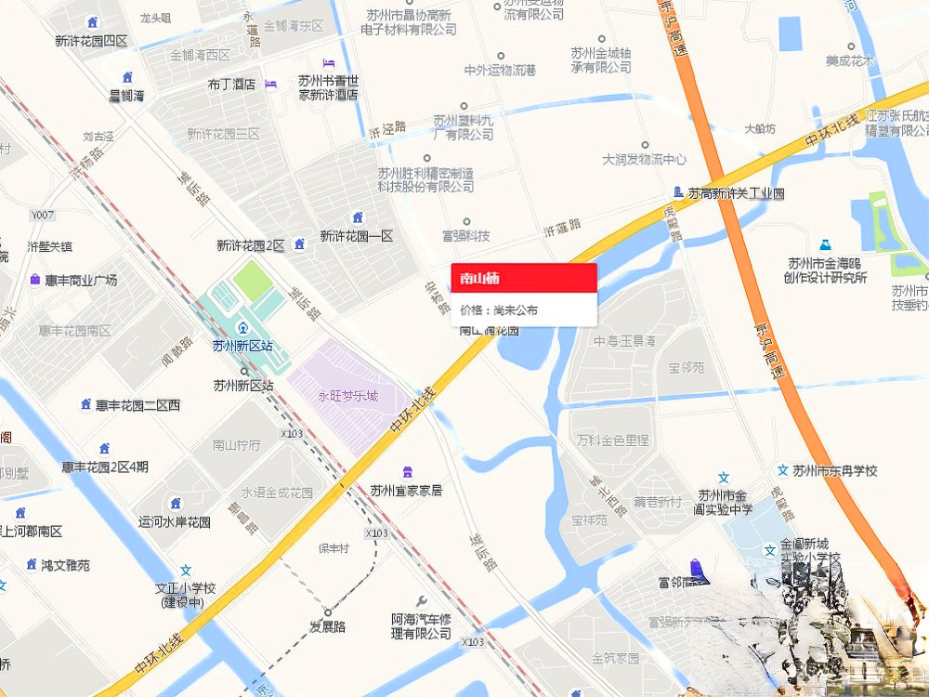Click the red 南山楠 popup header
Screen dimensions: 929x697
click(x=523, y=277)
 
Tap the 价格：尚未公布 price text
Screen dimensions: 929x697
click(x=499, y=310)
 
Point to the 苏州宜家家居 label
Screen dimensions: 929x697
click(x=406, y=491)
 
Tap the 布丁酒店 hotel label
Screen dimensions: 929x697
click(x=231, y=84)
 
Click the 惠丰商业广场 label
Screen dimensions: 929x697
click(x=81, y=280)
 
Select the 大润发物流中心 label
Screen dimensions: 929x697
click(x=645, y=159)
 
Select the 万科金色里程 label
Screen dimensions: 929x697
click(x=611, y=440)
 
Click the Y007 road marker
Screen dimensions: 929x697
click(x=44, y=216)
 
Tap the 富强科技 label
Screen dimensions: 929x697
click(x=466, y=236)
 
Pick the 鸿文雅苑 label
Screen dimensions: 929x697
click(x=65, y=564)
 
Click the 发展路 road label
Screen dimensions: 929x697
click(x=327, y=627)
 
